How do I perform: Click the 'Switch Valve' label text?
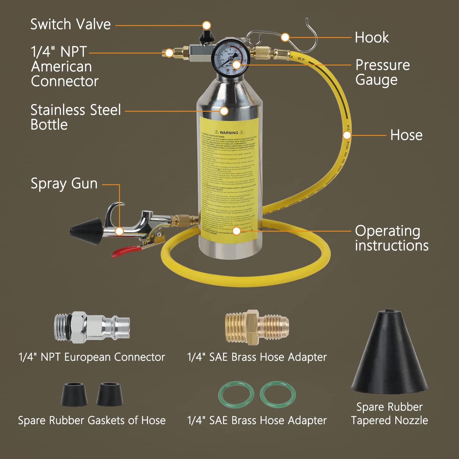pyautogui.click(x=70, y=24)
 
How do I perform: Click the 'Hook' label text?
pyautogui.click(x=371, y=38)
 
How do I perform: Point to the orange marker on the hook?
pyautogui.click(x=285, y=37)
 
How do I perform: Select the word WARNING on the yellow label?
pyautogui.click(x=229, y=132)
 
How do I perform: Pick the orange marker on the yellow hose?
pyautogui.click(x=346, y=135)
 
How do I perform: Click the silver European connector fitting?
pyautogui.click(x=92, y=327)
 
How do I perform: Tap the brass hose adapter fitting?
pyautogui.click(x=256, y=327)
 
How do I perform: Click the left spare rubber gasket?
pyautogui.click(x=75, y=394)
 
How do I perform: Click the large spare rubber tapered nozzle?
pyautogui.click(x=389, y=355)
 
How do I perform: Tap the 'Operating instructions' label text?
pyautogui.click(x=391, y=238)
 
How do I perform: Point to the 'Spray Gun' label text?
pyautogui.click(x=64, y=184)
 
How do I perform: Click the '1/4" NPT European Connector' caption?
pyautogui.click(x=92, y=357)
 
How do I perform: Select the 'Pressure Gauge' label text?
pyautogui.click(x=382, y=73)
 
